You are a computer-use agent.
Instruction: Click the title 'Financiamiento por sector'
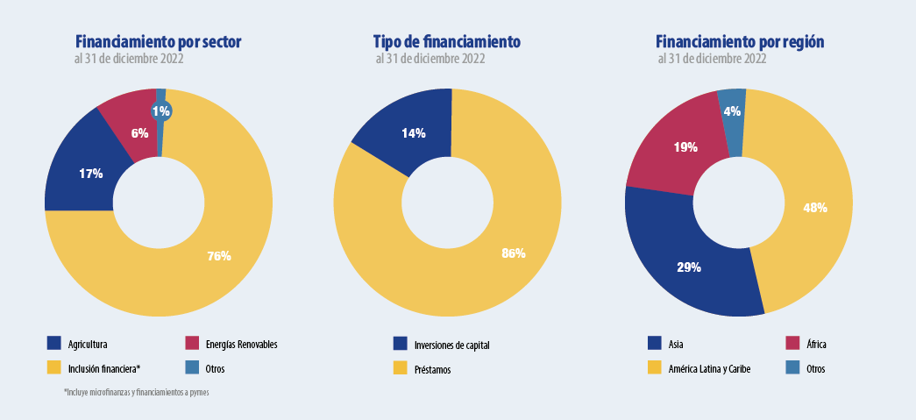158,41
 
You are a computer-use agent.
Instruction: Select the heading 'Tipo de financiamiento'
446,41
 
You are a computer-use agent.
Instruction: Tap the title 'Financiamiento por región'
740,41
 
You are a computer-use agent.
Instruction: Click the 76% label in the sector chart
219,256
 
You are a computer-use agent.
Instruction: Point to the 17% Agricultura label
90,174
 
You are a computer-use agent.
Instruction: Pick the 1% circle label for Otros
161,111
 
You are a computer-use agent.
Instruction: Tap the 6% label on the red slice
139,133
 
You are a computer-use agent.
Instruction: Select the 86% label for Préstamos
513,253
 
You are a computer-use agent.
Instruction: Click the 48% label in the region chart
815,208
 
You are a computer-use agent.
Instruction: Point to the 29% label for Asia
689,267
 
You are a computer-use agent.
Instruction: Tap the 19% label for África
685,147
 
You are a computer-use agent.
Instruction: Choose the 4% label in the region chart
732,111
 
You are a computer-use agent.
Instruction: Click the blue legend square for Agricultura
54,344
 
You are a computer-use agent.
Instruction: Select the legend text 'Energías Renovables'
241,345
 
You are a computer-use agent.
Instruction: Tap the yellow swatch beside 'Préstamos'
401,369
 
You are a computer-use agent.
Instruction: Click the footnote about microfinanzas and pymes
136,392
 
